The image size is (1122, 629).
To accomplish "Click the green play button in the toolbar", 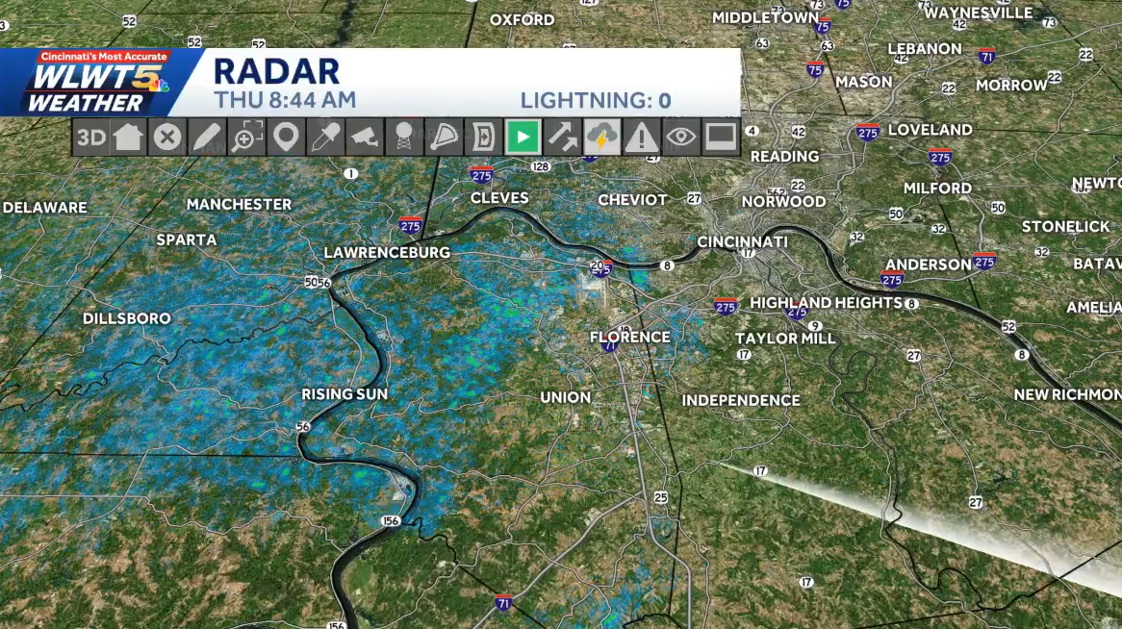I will [523, 138].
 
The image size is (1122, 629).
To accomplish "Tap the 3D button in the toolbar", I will [91, 138].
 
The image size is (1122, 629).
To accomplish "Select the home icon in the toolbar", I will [128, 138].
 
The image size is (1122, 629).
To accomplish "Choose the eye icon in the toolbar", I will [681, 138].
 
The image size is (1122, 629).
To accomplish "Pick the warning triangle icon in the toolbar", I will [641, 138].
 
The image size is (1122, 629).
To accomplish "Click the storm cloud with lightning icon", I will [602, 138].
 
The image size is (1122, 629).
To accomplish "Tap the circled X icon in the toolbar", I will [167, 138].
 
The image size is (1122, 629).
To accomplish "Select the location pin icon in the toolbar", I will [284, 138].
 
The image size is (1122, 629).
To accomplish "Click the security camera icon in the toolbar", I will [365, 138].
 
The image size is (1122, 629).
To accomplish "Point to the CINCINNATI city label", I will [742, 241].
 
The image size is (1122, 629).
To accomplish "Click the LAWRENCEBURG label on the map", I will [387, 252].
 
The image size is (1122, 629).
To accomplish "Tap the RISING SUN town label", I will [344, 394].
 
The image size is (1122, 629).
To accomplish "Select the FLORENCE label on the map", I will [630, 337].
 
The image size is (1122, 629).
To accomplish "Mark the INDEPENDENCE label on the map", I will [741, 400].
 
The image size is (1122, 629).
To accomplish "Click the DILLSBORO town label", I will [127, 318].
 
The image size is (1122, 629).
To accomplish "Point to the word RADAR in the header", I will [276, 71].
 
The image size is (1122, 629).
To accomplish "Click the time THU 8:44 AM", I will [285, 100].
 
